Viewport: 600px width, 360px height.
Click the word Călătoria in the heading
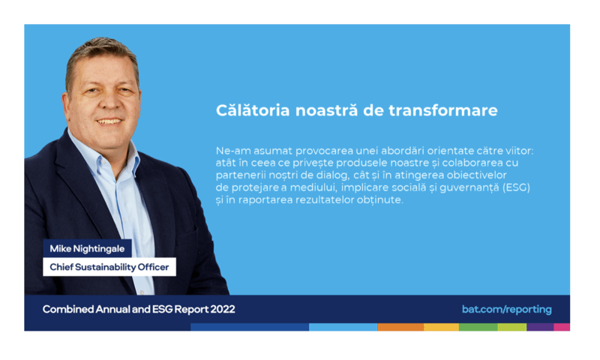[x=253, y=110]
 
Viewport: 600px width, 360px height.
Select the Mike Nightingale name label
[x=87, y=248]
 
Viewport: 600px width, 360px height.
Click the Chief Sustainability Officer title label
[x=109, y=267]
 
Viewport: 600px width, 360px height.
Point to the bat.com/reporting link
[x=506, y=309]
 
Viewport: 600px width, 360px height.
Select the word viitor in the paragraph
[x=516, y=150]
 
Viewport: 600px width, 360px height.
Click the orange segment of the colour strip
[x=400, y=328]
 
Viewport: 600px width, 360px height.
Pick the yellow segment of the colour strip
[x=441, y=328]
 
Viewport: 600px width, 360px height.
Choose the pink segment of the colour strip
[x=562, y=328]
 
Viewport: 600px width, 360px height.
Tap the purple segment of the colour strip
[x=540, y=328]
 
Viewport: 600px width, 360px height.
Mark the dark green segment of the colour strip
[x=478, y=328]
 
